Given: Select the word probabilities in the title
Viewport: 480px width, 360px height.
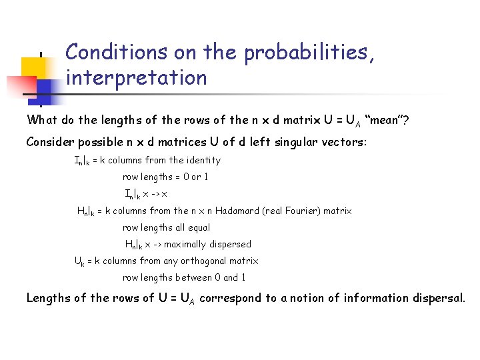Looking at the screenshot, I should pos(306,52).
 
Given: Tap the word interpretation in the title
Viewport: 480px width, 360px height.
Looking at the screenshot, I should pos(137,78).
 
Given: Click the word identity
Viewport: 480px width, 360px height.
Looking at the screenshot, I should pos(203,160).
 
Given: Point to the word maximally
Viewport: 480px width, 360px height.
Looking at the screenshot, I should pos(185,244).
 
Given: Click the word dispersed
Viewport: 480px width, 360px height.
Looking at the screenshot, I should pos(230,244).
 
